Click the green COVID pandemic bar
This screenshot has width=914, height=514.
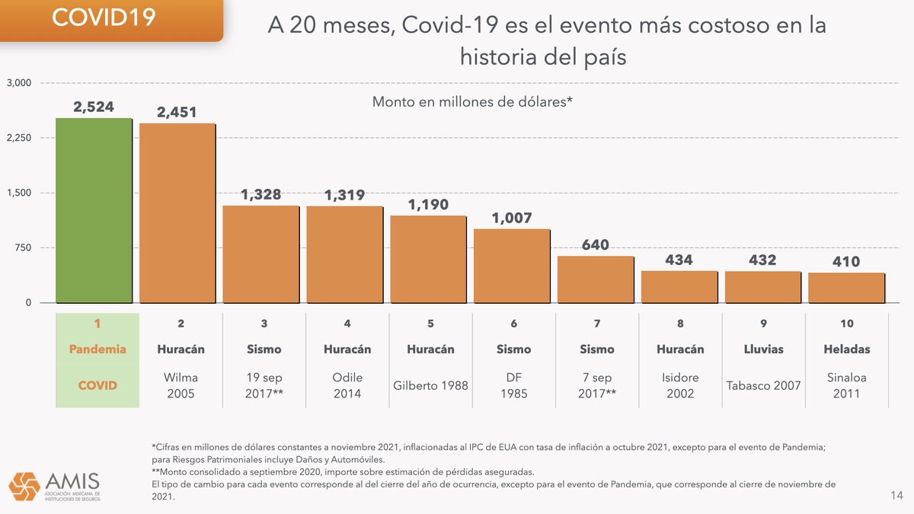[94, 210]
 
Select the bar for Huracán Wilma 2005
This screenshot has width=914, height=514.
[177, 213]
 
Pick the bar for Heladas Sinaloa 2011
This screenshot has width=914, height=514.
[846, 288]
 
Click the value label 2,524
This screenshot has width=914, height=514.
[94, 107]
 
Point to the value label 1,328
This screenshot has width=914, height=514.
[261, 195]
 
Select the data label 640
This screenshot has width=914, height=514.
[596, 245]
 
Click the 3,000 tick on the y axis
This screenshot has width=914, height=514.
[18, 83]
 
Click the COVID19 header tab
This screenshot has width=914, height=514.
[103, 18]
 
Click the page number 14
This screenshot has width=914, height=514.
[896, 496]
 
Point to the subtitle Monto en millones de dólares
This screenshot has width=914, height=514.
[472, 101]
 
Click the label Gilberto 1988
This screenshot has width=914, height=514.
[430, 385]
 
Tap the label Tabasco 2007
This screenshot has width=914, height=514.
[763, 385]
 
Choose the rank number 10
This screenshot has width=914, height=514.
[846, 324]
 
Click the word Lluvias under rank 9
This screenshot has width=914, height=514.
[763, 349]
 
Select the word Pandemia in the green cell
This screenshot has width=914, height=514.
[97, 349]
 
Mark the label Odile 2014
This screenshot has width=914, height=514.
[347, 385]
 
